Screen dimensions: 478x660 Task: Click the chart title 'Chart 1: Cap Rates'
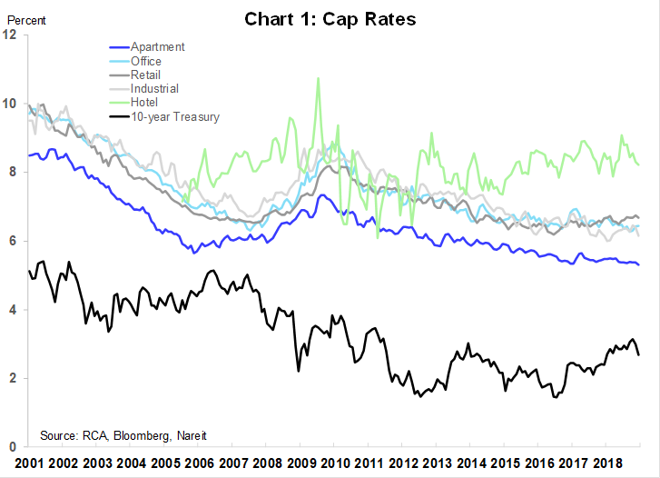(330, 19)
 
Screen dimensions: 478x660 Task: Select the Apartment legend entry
(157, 46)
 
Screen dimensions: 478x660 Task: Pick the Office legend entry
(146, 61)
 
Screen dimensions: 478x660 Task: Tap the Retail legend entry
(146, 75)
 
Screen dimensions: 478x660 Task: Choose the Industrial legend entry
(154, 88)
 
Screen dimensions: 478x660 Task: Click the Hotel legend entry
(144, 103)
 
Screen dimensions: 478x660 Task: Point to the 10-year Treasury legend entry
(174, 116)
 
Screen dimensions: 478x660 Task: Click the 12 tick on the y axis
(10, 35)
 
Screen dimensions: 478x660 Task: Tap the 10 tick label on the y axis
(10, 104)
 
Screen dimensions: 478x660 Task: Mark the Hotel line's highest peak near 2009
(318, 78)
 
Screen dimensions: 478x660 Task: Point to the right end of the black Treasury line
(639, 354)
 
